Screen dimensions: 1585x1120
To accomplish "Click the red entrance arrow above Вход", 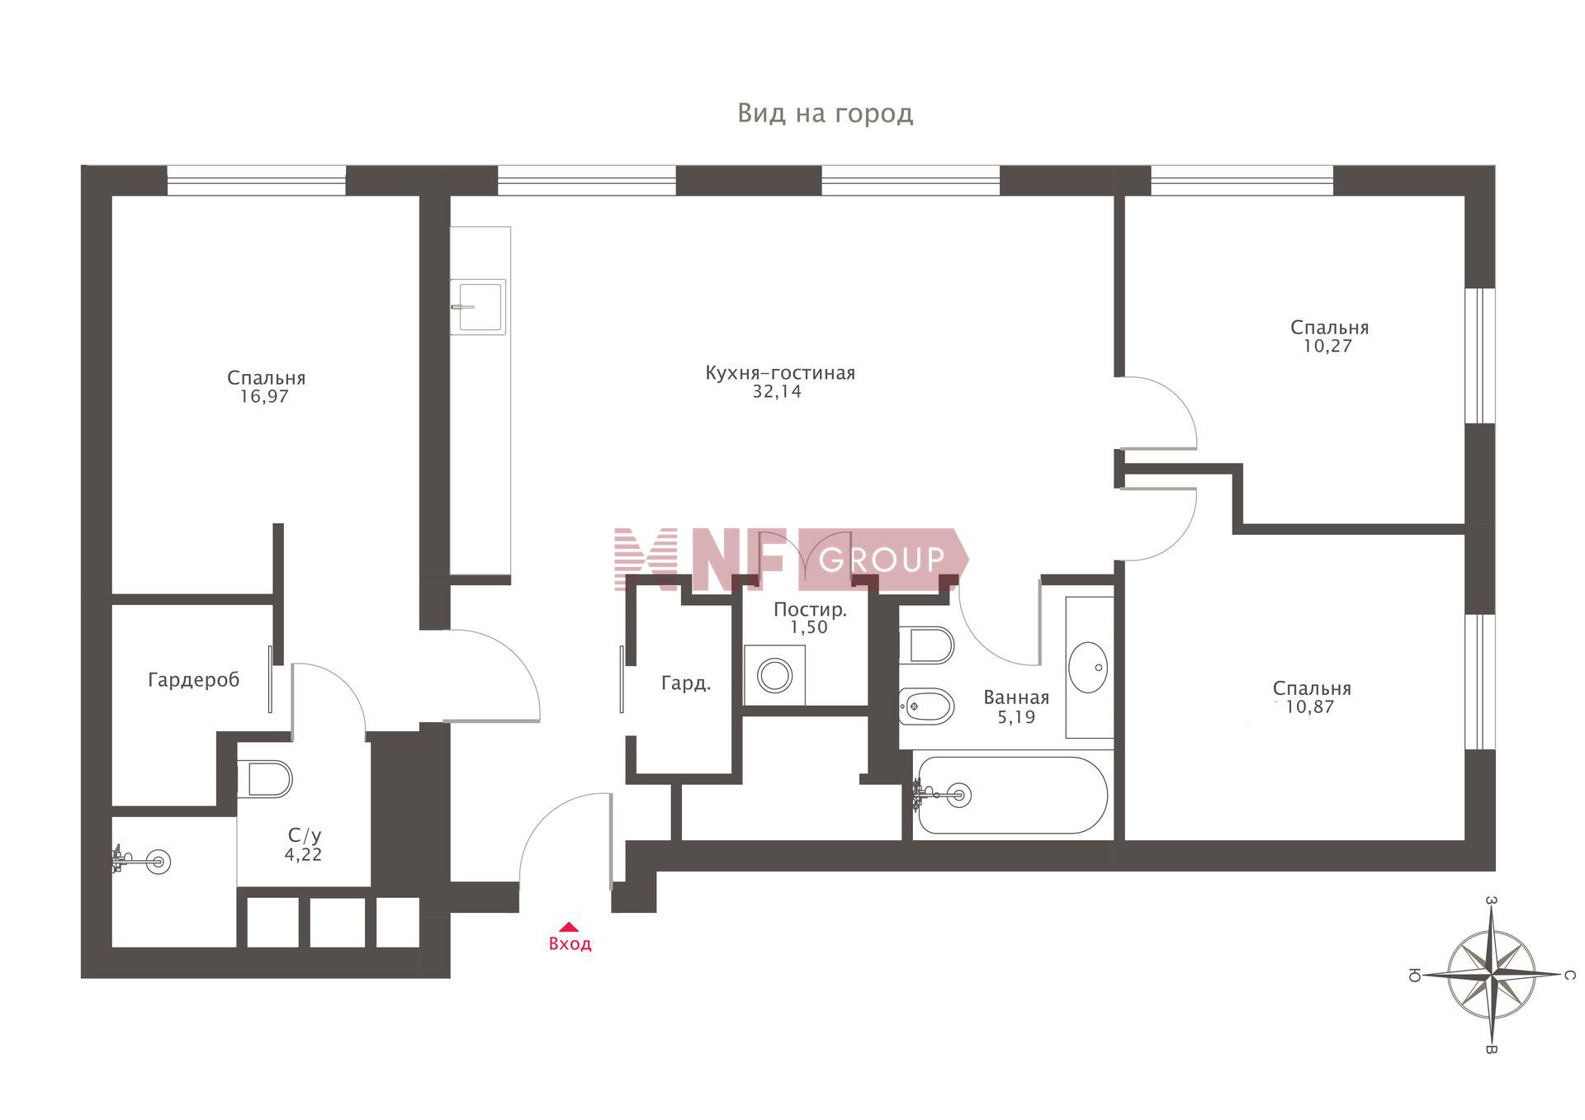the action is [569, 927].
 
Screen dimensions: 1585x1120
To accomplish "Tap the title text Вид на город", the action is [826, 113].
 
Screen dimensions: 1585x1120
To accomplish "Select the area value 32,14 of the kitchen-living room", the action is [777, 391].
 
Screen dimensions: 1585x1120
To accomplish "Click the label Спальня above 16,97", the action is [266, 378].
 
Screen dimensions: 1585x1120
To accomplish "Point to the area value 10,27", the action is [1327, 346].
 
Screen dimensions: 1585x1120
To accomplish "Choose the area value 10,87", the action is [1309, 706].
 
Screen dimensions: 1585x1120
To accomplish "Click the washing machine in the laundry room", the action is [774, 675].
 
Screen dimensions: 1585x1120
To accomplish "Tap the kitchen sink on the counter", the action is [478, 306].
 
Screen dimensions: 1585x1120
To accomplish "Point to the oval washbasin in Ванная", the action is [1089, 667].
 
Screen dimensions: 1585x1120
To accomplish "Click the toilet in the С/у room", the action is [265, 778].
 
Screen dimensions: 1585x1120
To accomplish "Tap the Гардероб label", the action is [194, 680].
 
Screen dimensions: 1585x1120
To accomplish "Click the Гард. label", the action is [686, 683].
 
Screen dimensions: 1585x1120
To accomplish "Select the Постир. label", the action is [810, 610].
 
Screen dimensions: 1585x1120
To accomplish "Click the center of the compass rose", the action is [1492, 973].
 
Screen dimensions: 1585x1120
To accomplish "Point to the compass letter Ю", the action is [1414, 976].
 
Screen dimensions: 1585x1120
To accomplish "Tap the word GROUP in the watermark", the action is [882, 560].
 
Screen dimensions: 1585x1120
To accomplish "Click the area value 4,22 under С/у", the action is [303, 855].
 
